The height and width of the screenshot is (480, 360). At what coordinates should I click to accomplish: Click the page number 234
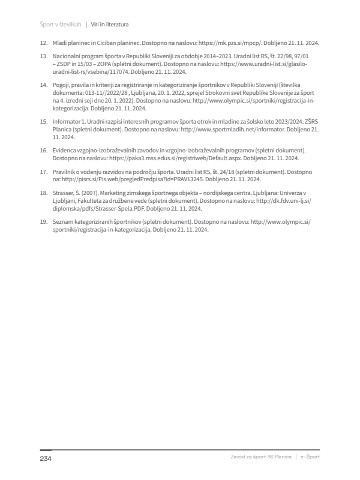[46, 458]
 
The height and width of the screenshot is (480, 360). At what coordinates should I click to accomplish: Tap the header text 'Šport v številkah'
[61, 25]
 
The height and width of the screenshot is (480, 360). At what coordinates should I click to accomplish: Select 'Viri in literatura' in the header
[110, 25]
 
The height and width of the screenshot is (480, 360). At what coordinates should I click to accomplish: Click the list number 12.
[43, 44]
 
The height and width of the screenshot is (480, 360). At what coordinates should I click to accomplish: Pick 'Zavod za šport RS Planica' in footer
[261, 457]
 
